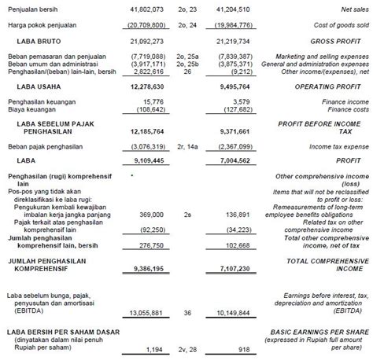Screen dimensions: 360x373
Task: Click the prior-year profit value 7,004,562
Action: [249, 162]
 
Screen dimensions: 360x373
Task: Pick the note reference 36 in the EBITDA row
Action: [208, 312]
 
